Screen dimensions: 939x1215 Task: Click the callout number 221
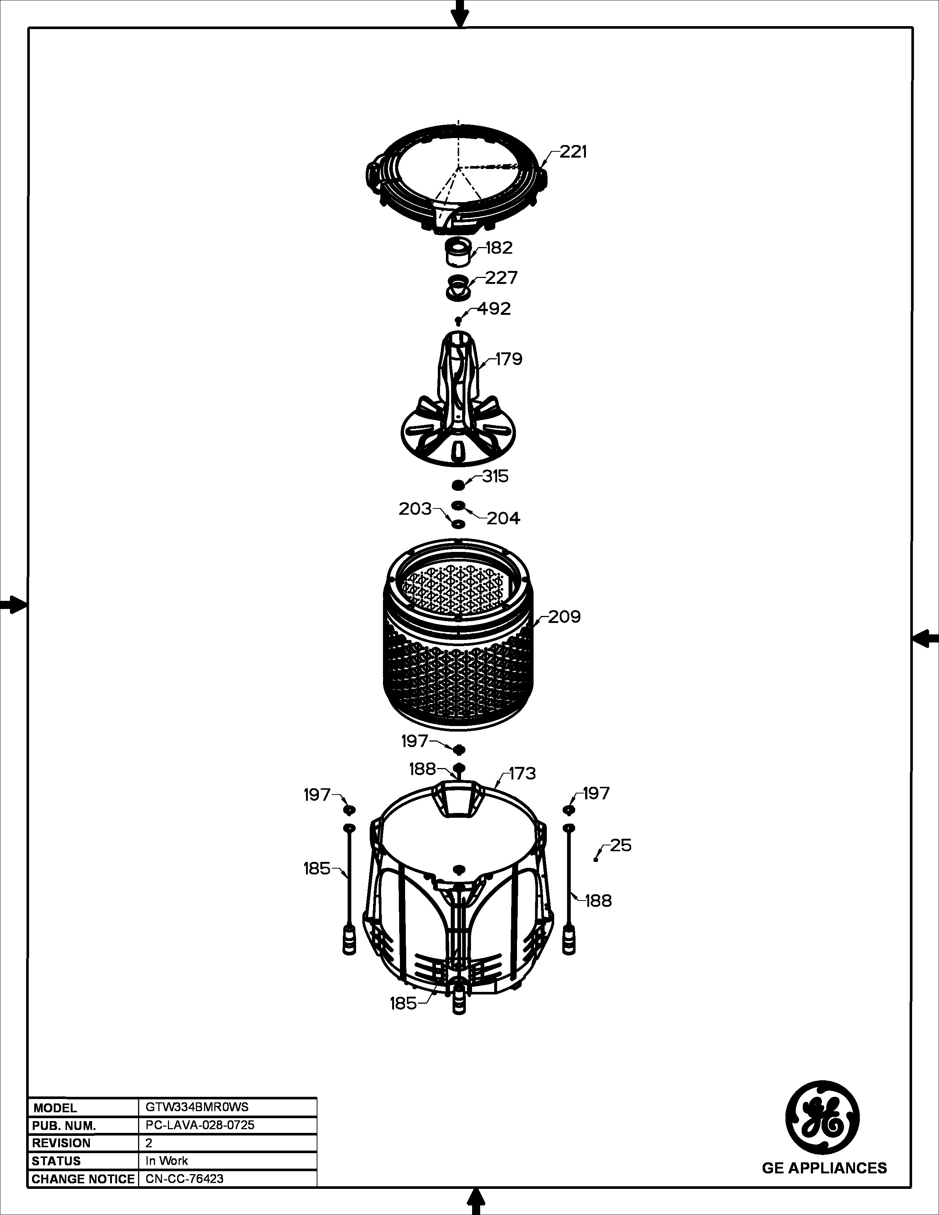[x=573, y=151]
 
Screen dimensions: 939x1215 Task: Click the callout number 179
[x=509, y=359]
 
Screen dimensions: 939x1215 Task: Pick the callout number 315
[x=495, y=476]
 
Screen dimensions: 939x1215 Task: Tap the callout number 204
[x=503, y=518]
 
